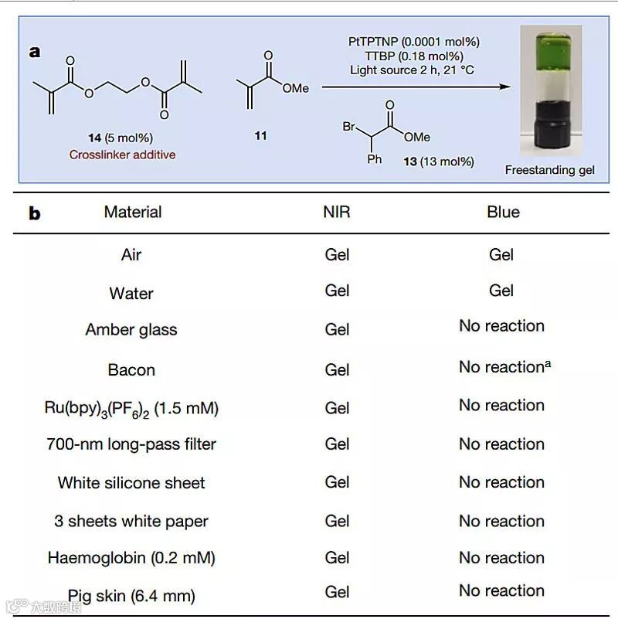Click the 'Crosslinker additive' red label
click(123, 155)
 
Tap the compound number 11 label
click(261, 136)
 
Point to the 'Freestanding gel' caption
click(550, 170)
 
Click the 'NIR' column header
click(337, 212)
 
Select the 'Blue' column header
click(503, 212)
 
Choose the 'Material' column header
click(133, 212)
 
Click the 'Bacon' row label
click(131, 370)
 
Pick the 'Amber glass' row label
click(131, 330)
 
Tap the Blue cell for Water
click(501, 291)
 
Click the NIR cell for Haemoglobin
click(338, 557)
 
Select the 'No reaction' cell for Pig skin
click(501, 591)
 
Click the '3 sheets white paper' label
click(131, 522)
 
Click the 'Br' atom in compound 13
click(349, 126)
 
